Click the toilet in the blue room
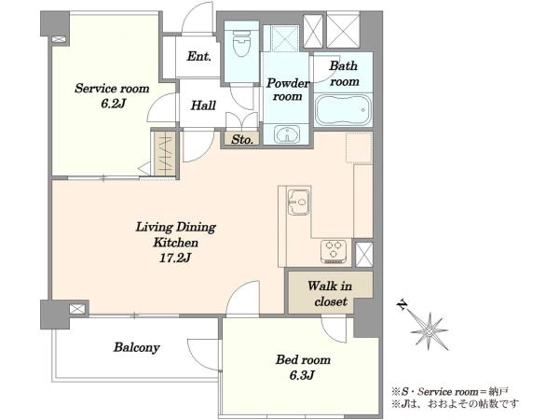(x=241, y=42)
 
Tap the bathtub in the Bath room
(x=343, y=109)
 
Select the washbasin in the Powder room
(x=287, y=134)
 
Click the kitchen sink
(x=298, y=202)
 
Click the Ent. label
(x=199, y=56)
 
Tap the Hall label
(x=203, y=105)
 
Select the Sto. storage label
(x=242, y=140)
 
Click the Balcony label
(x=137, y=347)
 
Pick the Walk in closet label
(x=330, y=294)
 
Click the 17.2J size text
(x=175, y=258)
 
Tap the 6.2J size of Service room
(x=113, y=104)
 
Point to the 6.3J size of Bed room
(x=301, y=375)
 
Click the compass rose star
(x=429, y=331)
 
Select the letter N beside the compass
(x=402, y=305)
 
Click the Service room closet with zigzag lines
(x=165, y=154)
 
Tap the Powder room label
(x=287, y=90)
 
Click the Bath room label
(x=344, y=74)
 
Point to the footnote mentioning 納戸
(x=450, y=392)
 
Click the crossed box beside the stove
(x=364, y=255)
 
